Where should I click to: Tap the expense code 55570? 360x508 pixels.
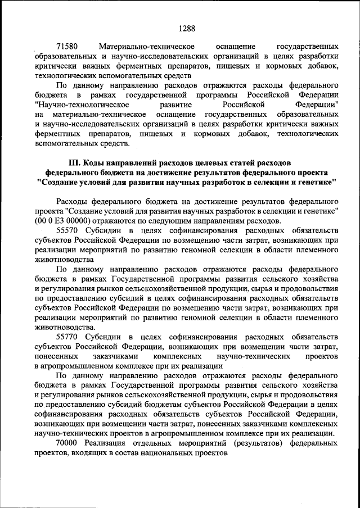70,230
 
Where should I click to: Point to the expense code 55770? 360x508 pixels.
70,337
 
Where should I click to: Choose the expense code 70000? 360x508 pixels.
70,443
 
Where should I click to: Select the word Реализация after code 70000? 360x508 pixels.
111,443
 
